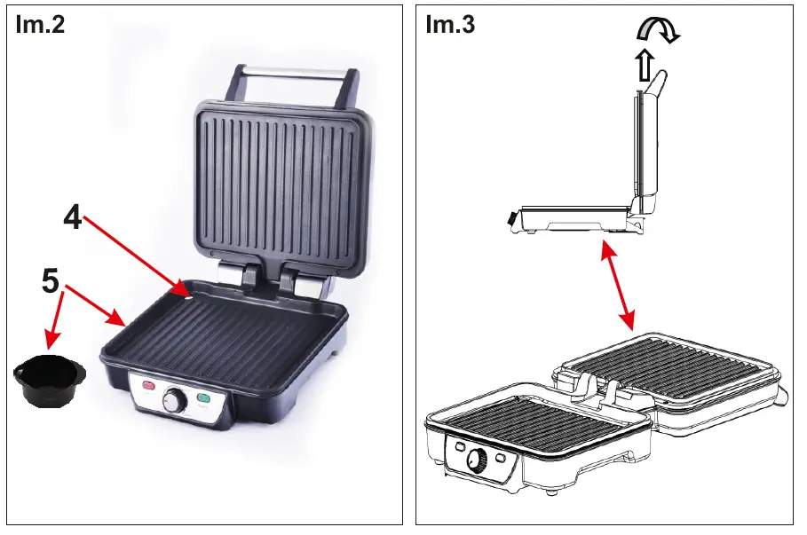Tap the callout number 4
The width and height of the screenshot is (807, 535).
73,216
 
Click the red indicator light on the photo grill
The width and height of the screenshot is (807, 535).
148,386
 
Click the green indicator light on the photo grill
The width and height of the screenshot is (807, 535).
204,399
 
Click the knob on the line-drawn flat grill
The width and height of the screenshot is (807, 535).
478,460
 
